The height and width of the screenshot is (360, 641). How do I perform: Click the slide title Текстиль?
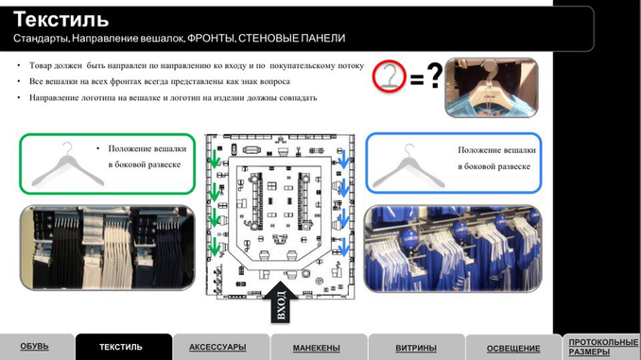click(61, 19)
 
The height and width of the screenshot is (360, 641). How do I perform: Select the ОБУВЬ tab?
click(35, 347)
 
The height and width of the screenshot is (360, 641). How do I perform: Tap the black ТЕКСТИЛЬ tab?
click(121, 347)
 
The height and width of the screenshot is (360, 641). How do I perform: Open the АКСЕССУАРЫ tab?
click(217, 347)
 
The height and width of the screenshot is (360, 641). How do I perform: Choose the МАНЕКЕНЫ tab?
click(317, 348)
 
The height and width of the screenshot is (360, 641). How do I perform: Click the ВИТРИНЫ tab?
click(416, 348)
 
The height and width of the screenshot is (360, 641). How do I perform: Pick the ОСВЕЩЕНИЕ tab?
click(513, 349)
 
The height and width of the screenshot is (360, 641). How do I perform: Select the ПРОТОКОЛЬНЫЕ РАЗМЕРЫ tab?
click(603, 347)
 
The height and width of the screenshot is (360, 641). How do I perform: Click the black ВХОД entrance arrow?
click(281, 302)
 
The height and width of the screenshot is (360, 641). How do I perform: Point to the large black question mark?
click(435, 75)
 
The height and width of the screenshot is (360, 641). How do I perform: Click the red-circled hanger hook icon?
click(389, 76)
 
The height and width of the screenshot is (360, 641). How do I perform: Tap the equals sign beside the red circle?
click(417, 78)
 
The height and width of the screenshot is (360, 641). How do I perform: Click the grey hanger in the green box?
click(68, 165)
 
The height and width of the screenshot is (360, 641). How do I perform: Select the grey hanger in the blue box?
click(408, 166)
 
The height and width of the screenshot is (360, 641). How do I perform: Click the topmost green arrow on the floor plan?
click(215, 159)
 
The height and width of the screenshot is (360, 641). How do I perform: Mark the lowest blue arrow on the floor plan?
click(344, 248)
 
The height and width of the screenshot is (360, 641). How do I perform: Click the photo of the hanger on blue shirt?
click(492, 88)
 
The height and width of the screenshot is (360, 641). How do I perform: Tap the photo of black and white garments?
click(108, 248)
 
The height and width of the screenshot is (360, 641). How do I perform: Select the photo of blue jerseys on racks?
click(453, 249)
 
